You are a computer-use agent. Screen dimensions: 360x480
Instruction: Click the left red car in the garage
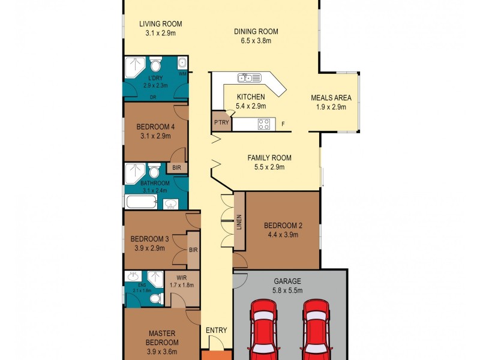click(264, 330)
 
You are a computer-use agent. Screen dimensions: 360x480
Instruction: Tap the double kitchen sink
click(248, 78)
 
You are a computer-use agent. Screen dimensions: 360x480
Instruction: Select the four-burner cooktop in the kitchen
click(264, 124)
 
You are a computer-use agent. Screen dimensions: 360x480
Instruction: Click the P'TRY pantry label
click(220, 122)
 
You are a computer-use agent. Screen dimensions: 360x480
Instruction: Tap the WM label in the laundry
click(182, 74)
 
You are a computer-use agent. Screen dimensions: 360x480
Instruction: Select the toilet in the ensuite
click(155, 298)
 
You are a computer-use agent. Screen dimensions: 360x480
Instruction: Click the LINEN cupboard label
click(238, 223)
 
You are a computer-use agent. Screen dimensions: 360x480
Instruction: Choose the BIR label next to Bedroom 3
click(193, 250)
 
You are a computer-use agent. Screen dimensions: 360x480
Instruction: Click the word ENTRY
click(216, 331)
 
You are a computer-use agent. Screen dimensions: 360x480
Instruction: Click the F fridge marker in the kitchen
click(283, 125)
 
